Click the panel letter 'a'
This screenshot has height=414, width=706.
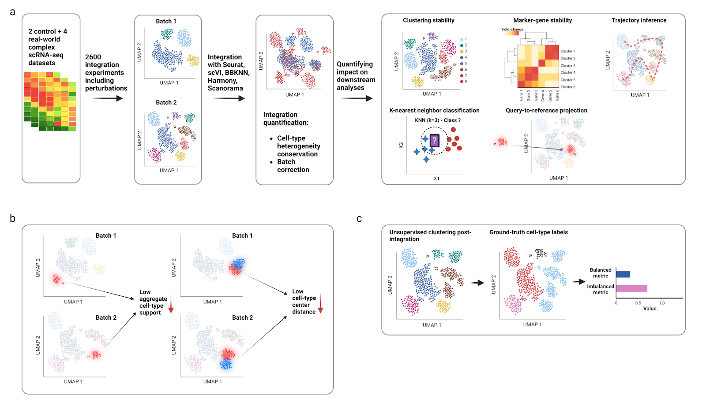click(x=12, y=12)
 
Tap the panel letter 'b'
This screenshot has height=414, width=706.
click(x=12, y=218)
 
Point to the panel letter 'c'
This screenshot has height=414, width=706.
click(x=359, y=219)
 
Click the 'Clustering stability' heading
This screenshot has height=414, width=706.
click(x=428, y=20)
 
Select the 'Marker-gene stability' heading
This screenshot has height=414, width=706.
click(x=542, y=20)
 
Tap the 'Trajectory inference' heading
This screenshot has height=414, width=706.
click(x=638, y=20)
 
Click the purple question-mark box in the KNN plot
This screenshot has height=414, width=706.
click(x=435, y=141)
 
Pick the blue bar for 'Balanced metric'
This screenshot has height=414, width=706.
click(x=623, y=274)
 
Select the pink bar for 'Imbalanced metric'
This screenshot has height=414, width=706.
click(x=631, y=288)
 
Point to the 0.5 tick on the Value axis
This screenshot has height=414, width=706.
click(x=638, y=303)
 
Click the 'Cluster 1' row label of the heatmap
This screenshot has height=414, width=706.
click(x=567, y=51)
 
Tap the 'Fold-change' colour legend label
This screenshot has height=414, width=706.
click(x=512, y=30)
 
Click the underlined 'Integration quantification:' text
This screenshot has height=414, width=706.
click(x=285, y=119)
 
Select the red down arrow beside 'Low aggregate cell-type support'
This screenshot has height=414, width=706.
click(x=171, y=305)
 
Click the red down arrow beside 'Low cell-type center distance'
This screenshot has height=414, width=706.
click(x=321, y=304)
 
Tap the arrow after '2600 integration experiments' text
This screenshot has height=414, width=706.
click(x=107, y=98)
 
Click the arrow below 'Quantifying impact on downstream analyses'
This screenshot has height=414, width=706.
click(x=357, y=98)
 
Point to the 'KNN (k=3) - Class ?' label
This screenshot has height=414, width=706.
click(x=437, y=120)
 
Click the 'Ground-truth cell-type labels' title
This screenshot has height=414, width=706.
click(x=528, y=232)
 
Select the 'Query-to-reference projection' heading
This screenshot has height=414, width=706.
click(x=546, y=111)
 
